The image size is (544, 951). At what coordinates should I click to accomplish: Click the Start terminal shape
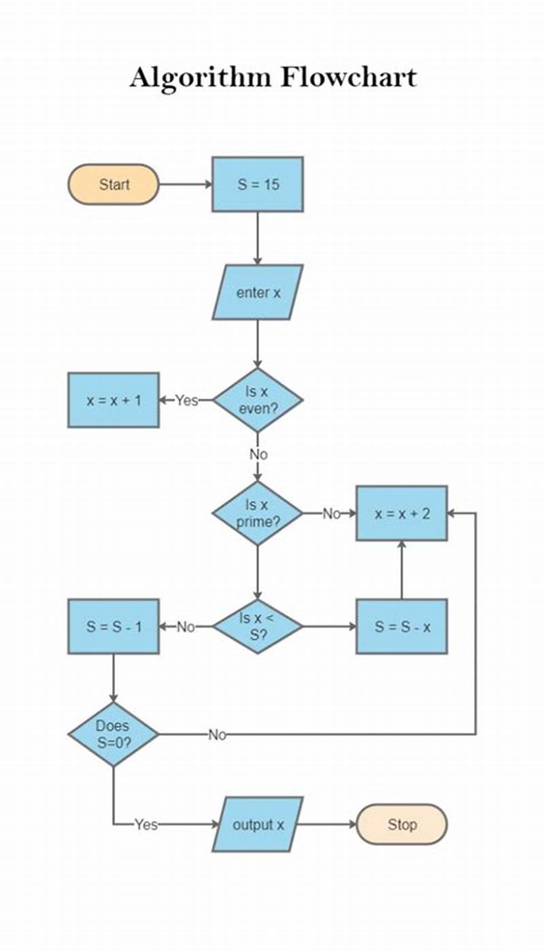coord(113,184)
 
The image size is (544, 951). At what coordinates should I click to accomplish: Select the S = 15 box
coord(258,184)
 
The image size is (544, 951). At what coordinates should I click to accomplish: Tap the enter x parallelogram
coord(258,293)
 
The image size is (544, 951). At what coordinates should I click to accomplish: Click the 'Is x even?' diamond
coord(258,400)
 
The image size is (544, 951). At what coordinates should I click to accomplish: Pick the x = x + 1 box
coord(114,400)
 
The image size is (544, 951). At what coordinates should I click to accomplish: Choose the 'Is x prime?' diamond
coord(258,514)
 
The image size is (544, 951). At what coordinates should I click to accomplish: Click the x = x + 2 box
coord(402,514)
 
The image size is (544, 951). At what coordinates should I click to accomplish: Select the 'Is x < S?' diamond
coord(258,627)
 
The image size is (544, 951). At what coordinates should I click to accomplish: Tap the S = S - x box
coord(402,627)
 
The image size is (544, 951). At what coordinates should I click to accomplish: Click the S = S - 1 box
coord(114,627)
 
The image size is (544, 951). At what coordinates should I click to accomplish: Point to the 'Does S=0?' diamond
coord(113,734)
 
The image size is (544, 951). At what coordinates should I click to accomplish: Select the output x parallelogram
coord(258,825)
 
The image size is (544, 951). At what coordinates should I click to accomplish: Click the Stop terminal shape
coord(402,825)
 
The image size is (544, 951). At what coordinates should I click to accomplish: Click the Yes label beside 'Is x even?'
coord(186,400)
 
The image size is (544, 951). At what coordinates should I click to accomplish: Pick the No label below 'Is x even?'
coord(258,454)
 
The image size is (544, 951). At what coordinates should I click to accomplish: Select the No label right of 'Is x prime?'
coord(331,514)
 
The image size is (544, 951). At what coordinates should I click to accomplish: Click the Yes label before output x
coord(146,825)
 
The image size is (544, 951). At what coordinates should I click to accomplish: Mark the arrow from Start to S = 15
coord(185,184)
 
